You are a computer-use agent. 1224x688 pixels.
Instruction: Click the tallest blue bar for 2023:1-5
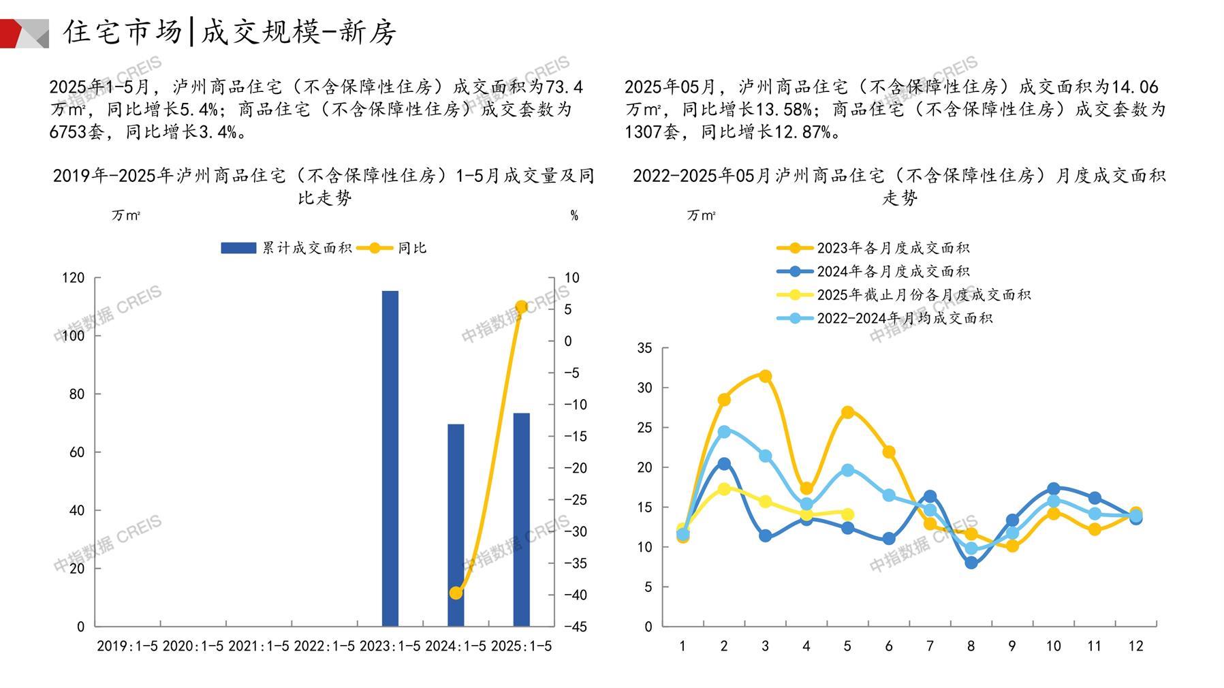coord(390,458)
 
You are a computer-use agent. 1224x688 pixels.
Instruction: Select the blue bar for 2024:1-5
coord(456,525)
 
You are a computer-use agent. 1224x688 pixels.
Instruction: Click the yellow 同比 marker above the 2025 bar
coord(521,307)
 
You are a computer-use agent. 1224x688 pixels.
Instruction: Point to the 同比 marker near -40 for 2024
coord(456,593)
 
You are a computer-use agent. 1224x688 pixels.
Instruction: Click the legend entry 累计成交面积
coord(286,248)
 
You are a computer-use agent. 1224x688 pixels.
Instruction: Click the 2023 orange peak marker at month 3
coord(765,376)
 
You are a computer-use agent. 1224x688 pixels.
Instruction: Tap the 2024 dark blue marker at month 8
coord(971,563)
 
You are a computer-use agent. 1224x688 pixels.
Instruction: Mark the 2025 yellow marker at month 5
coord(847,514)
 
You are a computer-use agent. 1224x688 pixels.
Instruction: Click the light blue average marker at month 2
coord(724,431)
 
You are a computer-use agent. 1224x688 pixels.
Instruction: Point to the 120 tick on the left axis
coord(74,278)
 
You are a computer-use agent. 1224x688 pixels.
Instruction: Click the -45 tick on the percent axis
coord(575,627)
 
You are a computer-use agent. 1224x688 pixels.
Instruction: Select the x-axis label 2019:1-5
coord(127,646)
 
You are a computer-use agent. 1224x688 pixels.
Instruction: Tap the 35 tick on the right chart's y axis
coord(644,348)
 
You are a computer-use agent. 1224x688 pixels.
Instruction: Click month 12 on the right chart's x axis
coord(1135,646)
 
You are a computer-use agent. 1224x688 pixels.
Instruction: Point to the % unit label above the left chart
coord(574,216)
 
